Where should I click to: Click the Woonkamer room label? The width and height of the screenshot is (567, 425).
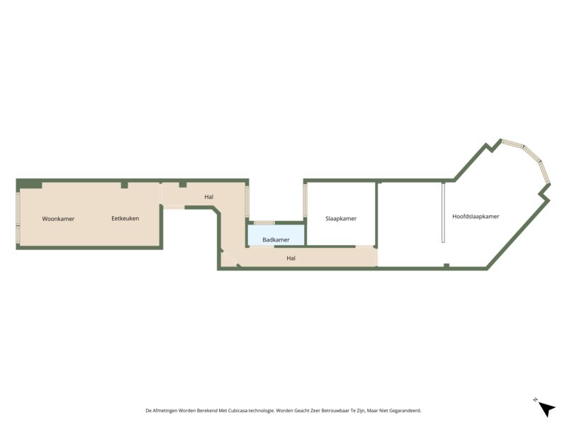pyautogui.click(x=58, y=219)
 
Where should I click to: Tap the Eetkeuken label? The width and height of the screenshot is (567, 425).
pyautogui.click(x=125, y=219)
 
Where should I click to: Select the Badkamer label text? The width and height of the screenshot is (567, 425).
pyautogui.click(x=276, y=240)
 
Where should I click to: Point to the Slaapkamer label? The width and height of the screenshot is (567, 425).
pyautogui.click(x=341, y=219)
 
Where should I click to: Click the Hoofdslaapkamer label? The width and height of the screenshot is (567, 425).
pyautogui.click(x=476, y=216)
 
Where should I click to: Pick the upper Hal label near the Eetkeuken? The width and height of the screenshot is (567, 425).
pyautogui.click(x=208, y=197)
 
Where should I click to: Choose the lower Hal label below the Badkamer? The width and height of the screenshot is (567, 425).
pyautogui.click(x=291, y=259)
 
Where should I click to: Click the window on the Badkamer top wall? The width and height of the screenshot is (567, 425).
pyautogui.click(x=264, y=223)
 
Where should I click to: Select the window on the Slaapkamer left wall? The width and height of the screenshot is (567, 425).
pyautogui.click(x=305, y=201)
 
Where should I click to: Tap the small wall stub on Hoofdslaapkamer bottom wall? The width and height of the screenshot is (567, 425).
pyautogui.click(x=446, y=266)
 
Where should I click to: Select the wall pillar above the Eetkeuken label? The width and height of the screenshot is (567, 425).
pyautogui.click(x=124, y=185)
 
